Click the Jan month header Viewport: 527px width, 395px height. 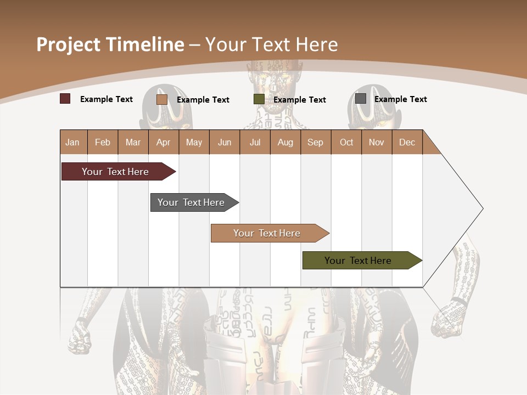(73, 142)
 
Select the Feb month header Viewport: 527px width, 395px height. (103, 142)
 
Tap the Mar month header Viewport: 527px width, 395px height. (133, 142)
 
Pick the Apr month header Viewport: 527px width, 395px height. (164, 142)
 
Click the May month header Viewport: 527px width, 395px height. (194, 142)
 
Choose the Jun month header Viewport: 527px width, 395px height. (225, 142)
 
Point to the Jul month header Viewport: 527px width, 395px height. (255, 142)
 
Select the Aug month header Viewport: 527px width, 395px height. (285, 142)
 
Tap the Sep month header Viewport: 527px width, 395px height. (316, 142)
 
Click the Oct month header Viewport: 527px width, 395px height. (346, 142)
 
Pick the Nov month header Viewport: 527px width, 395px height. (377, 142)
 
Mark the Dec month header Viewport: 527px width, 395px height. (407, 142)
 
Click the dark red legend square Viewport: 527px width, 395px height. (65, 99)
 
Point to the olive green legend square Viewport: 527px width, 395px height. (259, 99)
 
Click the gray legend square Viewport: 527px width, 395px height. (361, 99)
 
